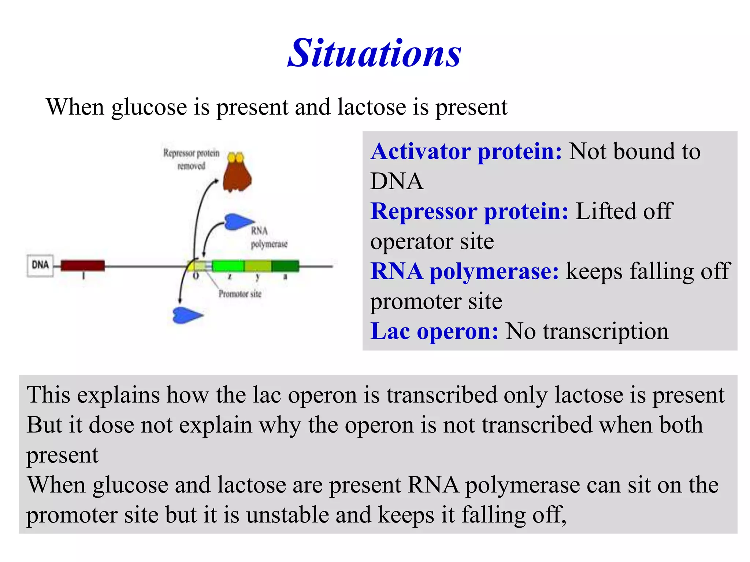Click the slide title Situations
pyautogui.click(x=374, y=54)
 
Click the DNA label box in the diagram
pyautogui.click(x=40, y=265)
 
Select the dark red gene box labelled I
pyautogui.click(x=82, y=265)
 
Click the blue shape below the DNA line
pyautogui.click(x=186, y=315)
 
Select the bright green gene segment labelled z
pyautogui.click(x=228, y=266)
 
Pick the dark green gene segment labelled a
pyautogui.click(x=285, y=266)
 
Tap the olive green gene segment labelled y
pyautogui.click(x=258, y=266)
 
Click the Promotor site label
pyautogui.click(x=240, y=294)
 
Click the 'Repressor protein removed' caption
pyautogui.click(x=191, y=159)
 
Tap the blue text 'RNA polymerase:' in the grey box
pyautogui.click(x=464, y=271)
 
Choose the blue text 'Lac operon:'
pyautogui.click(x=434, y=331)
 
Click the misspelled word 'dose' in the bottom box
pyautogui.click(x=112, y=425)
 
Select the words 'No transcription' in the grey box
pyautogui.click(x=587, y=331)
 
